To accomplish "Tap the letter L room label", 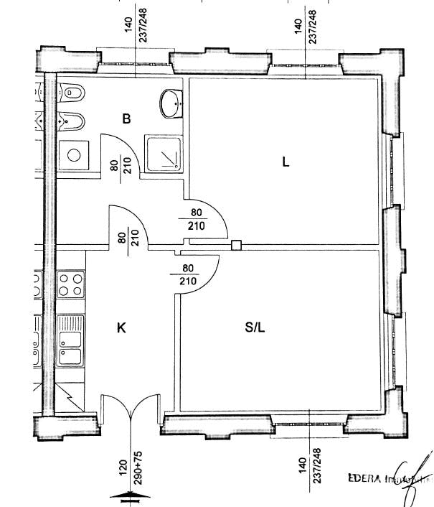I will [286, 162].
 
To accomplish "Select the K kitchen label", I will [121, 328].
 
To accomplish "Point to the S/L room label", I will [255, 327].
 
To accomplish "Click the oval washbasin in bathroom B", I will [171, 103].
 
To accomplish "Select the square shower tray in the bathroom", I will [163, 152].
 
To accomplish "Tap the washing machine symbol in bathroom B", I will [72, 154].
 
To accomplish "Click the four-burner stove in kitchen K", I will [71, 284].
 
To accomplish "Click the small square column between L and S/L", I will [236, 246].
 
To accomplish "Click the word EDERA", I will [364, 478].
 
